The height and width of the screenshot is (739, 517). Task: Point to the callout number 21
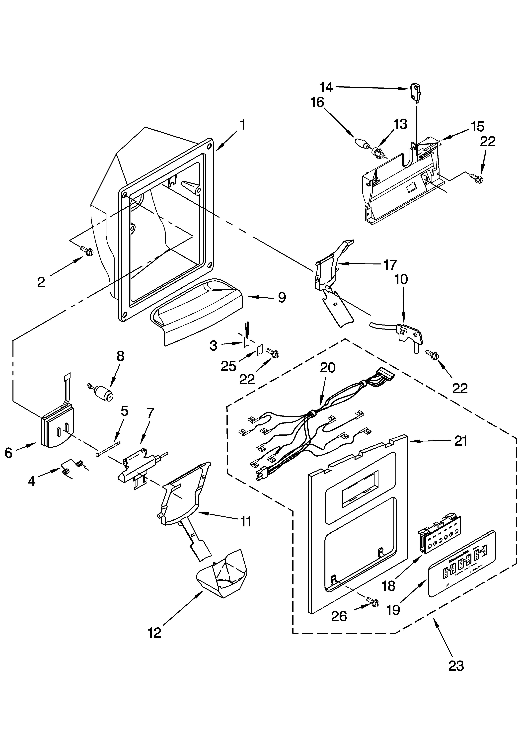point(460,441)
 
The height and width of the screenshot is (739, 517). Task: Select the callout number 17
point(390,265)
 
